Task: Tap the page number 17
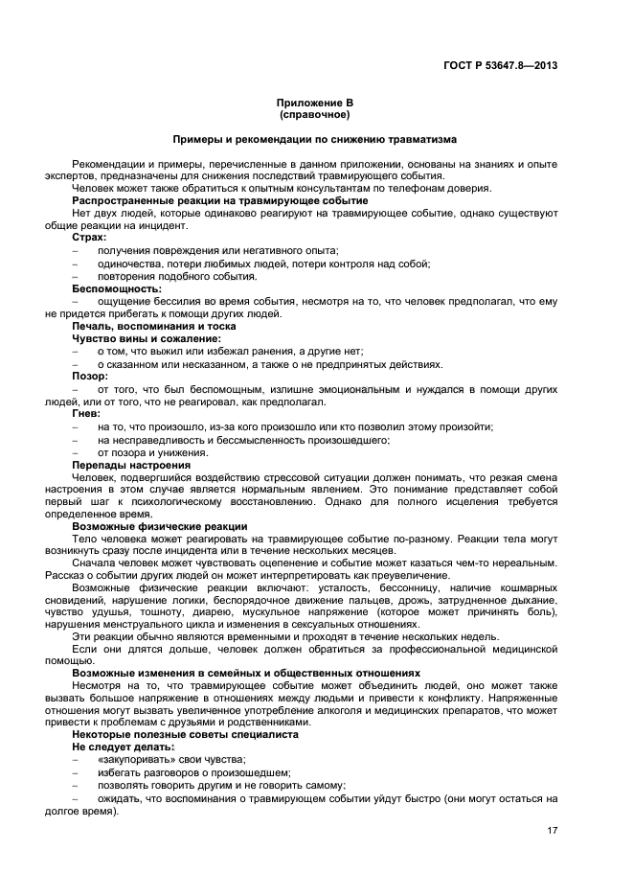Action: [x=552, y=830]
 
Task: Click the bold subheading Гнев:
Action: [x=87, y=414]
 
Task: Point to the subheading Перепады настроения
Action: [x=131, y=465]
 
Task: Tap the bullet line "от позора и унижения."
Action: [x=153, y=452]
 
